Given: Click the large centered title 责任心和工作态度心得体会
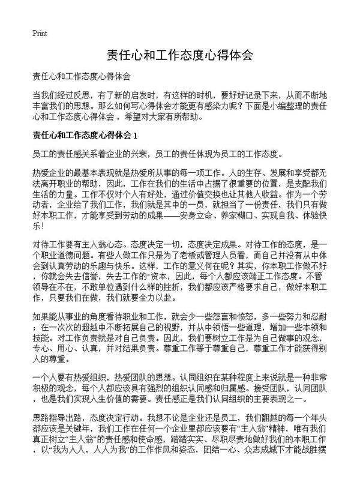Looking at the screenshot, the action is (179, 55).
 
